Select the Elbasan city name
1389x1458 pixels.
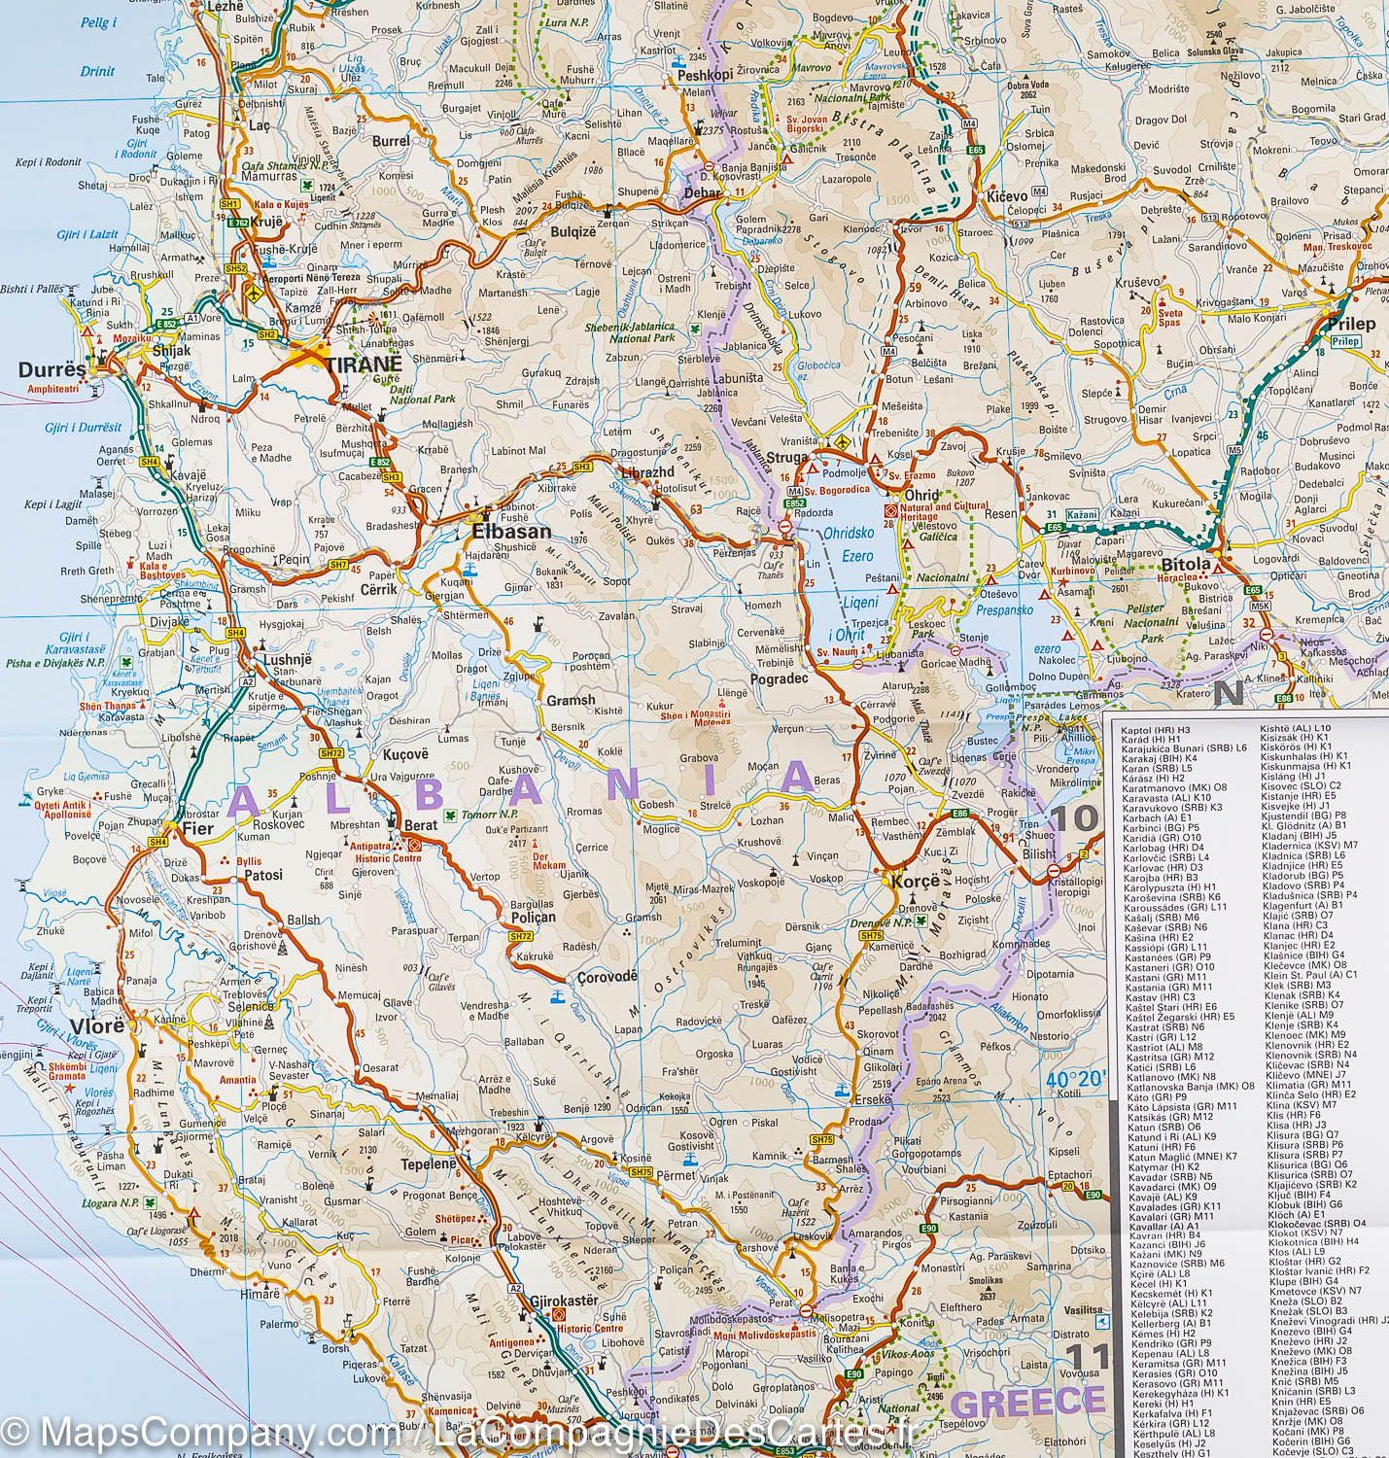pos(511,532)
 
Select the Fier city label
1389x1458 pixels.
pos(197,829)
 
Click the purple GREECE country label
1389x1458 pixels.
pos(1028,1402)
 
